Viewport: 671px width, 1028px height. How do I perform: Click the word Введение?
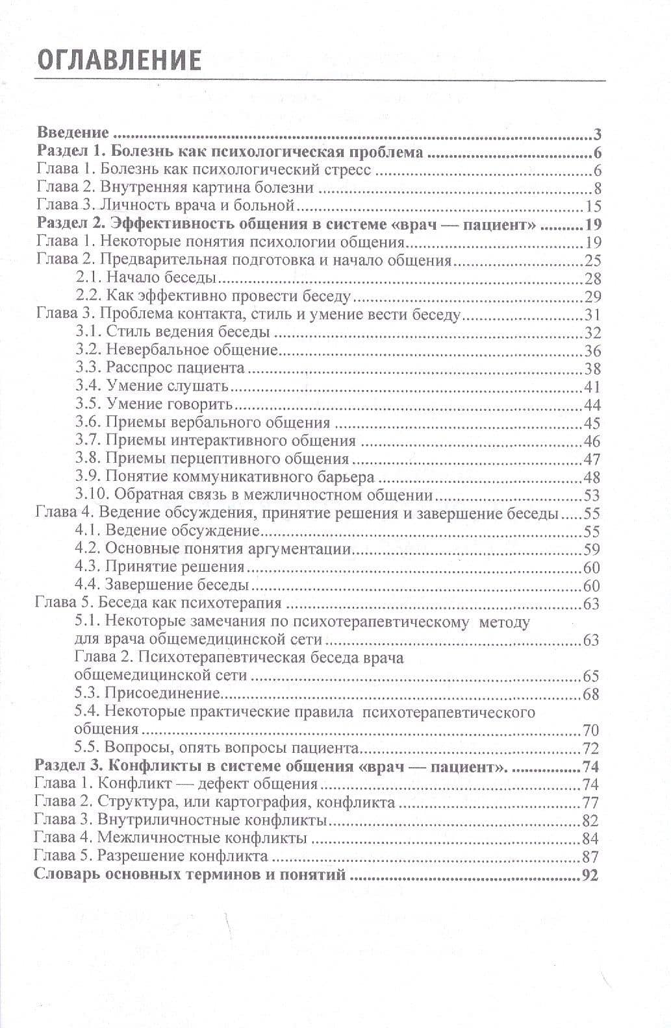pyautogui.click(x=73, y=134)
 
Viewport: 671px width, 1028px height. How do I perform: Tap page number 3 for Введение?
pyautogui.click(x=597, y=135)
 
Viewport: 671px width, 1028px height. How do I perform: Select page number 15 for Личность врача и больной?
pyautogui.click(x=592, y=206)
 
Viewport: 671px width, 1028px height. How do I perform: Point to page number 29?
pyautogui.click(x=592, y=297)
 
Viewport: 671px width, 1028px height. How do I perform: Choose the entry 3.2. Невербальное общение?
pyautogui.click(x=177, y=350)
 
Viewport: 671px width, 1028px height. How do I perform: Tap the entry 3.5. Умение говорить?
pyautogui.click(x=154, y=405)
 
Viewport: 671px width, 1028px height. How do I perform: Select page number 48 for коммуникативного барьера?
pyautogui.click(x=592, y=478)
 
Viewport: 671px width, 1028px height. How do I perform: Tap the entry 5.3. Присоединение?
pyautogui.click(x=147, y=694)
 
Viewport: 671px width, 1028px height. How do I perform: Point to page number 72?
pyautogui.click(x=590, y=748)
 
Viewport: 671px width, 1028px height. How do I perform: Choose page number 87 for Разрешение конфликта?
pyautogui.click(x=590, y=856)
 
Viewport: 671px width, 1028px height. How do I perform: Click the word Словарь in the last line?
pyautogui.click(x=64, y=874)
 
